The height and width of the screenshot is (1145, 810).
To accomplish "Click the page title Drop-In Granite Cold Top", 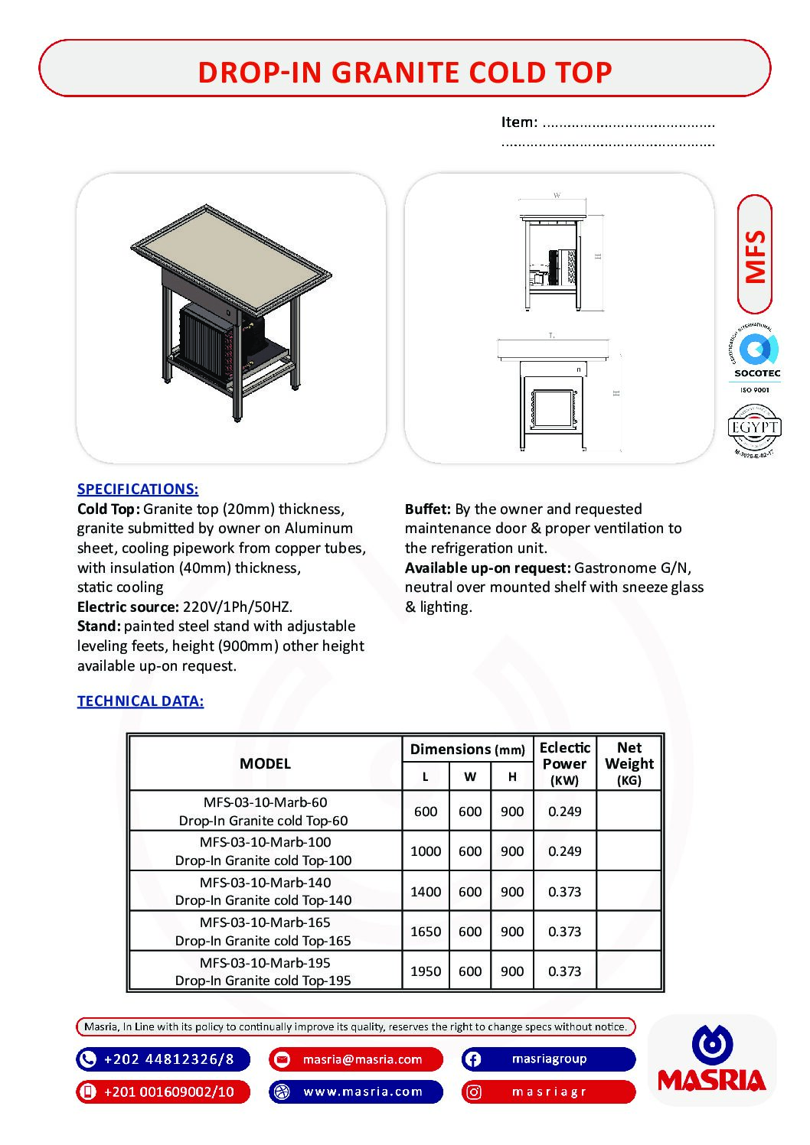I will [404, 72].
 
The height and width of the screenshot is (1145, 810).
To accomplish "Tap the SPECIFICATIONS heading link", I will [138, 489].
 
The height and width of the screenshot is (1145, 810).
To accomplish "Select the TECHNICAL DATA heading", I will [140, 701].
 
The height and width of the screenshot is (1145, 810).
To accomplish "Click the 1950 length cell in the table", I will [426, 971].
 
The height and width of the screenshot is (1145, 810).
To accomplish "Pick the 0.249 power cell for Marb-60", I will [564, 811].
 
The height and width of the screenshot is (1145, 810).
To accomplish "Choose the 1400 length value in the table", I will [426, 891].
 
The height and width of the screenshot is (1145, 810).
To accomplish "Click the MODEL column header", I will [265, 763].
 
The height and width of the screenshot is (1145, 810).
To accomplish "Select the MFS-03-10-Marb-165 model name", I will [265, 922].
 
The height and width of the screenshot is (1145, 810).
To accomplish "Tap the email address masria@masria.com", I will [362, 1059].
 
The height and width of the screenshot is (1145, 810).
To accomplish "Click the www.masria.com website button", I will [363, 1091].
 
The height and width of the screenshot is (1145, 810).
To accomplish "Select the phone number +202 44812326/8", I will [168, 1059].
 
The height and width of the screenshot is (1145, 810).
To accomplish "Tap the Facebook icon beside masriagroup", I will [473, 1059].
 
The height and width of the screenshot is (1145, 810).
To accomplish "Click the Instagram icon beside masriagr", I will [474, 1092].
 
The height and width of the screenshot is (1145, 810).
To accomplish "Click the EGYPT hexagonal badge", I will [754, 428].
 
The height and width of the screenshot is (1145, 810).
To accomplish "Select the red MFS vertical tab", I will [755, 255].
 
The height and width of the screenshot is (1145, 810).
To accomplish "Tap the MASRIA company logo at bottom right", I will [712, 1059].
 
